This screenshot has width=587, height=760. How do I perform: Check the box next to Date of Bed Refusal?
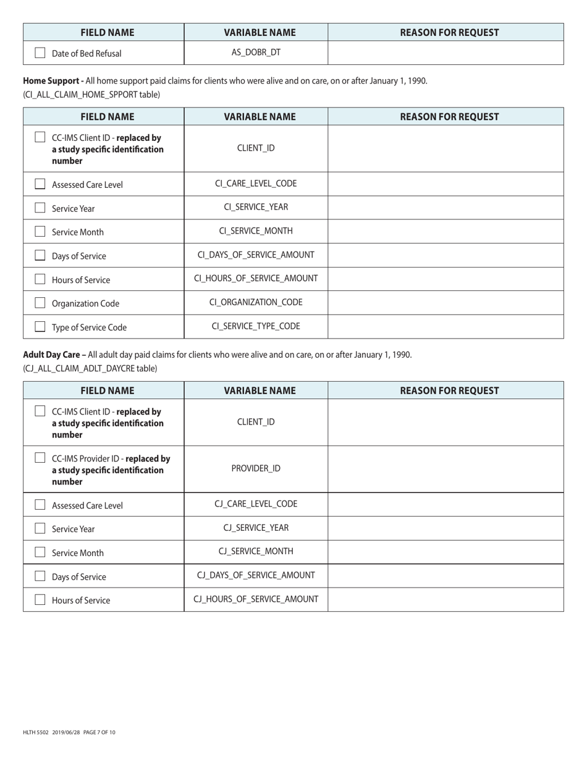tap(40, 53)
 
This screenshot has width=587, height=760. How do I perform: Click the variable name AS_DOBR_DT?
tap(256, 53)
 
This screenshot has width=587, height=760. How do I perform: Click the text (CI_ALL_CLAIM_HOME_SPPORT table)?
tap(91, 95)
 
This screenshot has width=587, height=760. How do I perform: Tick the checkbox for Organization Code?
tap(40, 303)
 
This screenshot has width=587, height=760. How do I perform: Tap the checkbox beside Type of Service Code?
tap(40, 327)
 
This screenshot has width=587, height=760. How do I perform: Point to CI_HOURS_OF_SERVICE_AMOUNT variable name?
tap(256, 279)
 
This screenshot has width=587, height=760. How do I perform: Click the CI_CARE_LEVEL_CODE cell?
tap(256, 184)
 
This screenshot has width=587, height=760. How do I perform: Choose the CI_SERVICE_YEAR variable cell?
tap(256, 208)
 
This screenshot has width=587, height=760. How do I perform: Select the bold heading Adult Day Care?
tap(53, 355)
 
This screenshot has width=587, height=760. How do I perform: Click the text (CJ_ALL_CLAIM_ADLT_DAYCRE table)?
tap(90, 368)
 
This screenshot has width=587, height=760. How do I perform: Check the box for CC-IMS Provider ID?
tap(40, 458)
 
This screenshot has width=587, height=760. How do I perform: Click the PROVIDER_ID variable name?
tap(256, 468)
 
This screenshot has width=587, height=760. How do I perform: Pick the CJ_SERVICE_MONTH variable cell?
tap(256, 552)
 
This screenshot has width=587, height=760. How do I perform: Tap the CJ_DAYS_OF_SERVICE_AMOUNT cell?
tap(256, 576)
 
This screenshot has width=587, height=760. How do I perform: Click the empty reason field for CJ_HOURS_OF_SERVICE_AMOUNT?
tap(446, 599)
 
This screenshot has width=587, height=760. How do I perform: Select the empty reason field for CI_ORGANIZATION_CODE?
tap(446, 303)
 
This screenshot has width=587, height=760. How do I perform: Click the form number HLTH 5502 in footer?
tap(35, 732)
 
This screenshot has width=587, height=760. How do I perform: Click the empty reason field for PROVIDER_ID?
tap(446, 468)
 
